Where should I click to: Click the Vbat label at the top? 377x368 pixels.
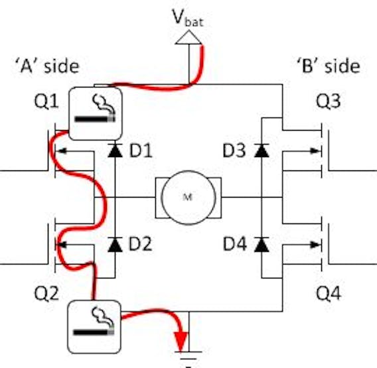click(x=188, y=18)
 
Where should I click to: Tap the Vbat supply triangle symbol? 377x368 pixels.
click(x=188, y=37)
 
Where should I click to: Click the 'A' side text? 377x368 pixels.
click(x=47, y=66)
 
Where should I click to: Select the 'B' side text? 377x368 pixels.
click(x=328, y=66)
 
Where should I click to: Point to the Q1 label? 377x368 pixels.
click(x=46, y=101)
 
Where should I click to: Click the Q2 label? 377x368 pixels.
click(x=46, y=293)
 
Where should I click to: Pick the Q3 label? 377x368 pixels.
click(x=328, y=101)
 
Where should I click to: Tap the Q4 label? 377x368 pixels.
click(x=329, y=293)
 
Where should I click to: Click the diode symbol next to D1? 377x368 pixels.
click(x=115, y=151)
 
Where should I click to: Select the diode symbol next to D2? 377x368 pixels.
click(x=115, y=244)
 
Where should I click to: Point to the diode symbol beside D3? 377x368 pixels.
click(x=262, y=151)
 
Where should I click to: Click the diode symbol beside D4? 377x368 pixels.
click(x=262, y=244)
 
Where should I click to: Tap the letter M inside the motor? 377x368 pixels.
click(x=188, y=197)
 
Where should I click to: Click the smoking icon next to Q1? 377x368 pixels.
click(x=96, y=113)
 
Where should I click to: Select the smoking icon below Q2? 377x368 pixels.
click(x=94, y=327)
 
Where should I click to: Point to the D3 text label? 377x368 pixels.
click(x=234, y=151)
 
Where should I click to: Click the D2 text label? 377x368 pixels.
click(x=141, y=244)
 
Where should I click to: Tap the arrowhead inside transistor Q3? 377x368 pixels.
click(x=315, y=151)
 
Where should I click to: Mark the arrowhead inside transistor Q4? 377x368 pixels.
click(x=315, y=245)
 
